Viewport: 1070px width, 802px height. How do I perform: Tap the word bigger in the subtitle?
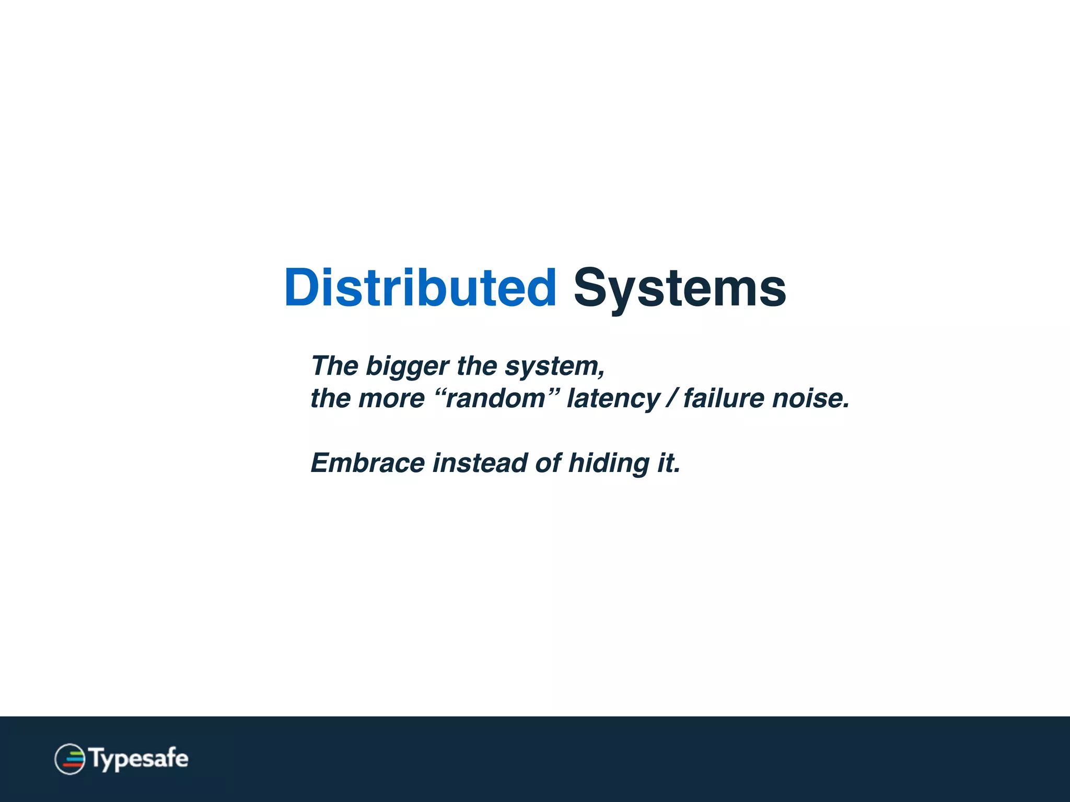point(407,367)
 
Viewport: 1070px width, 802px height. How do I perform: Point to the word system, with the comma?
point(555,367)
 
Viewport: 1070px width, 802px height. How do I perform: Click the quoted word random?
point(495,399)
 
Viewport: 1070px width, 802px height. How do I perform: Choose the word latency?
point(613,399)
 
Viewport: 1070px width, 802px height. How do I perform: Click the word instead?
point(480,463)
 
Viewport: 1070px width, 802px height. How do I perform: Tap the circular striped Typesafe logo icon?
point(69,759)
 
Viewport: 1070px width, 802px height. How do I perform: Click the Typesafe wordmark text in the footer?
point(138,759)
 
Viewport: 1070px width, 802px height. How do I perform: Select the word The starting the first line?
point(334,365)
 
